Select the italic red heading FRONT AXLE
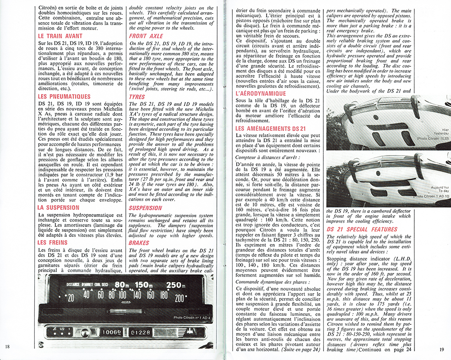pos(147,36)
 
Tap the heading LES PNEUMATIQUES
pos(64,97)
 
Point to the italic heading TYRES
pos(137,97)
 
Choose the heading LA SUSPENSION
pos(58,208)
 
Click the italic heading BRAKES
pos(139,243)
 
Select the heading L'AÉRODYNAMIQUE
pos(260,93)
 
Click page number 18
pos(8,346)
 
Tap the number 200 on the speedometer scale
pos(180,298)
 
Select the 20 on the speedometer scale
pos(69,298)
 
